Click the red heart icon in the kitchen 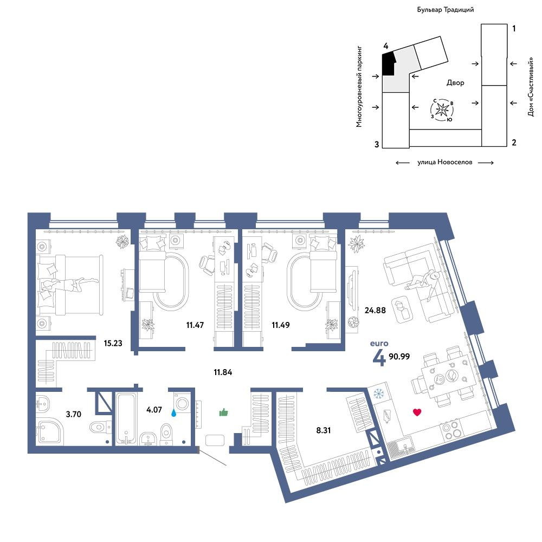(x=417, y=412)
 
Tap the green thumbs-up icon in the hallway (x=224, y=412)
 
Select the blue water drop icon (x=173, y=412)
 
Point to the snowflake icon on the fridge (x=379, y=393)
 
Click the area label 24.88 (x=375, y=310)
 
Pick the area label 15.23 (x=113, y=343)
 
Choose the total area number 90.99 (x=399, y=357)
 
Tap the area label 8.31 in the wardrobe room (x=324, y=430)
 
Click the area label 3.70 (x=74, y=414)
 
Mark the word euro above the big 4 (x=379, y=343)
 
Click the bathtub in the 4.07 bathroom (x=126, y=418)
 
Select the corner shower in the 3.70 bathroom (x=49, y=431)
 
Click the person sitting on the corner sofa (x=423, y=281)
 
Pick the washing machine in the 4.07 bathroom (x=182, y=403)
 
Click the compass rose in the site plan (x=442, y=110)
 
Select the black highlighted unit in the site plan (x=389, y=63)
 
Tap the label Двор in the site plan (x=455, y=82)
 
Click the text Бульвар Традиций (x=445, y=10)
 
